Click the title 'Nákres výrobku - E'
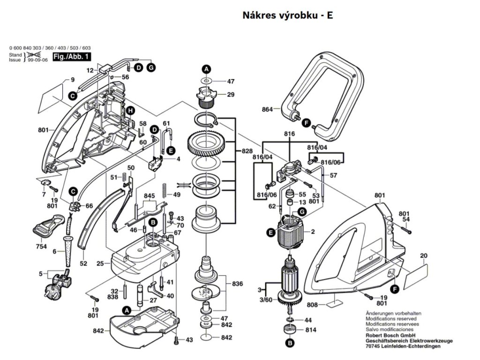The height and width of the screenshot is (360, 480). click(x=288, y=15)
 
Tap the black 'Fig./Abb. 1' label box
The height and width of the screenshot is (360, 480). click(x=72, y=57)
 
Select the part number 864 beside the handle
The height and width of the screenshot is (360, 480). click(x=267, y=110)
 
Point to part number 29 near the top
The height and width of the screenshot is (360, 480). click(x=230, y=95)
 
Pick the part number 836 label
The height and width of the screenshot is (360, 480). click(x=237, y=284)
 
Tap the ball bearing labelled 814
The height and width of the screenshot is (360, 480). click(x=289, y=329)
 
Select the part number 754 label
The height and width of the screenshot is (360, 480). click(x=42, y=247)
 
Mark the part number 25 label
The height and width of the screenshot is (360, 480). click(x=100, y=264)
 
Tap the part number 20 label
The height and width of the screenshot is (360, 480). click(x=424, y=256)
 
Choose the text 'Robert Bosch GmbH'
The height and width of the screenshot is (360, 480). click(x=390, y=336)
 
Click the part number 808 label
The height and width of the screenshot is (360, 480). click(x=312, y=305)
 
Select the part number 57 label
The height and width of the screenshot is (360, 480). click(x=333, y=175)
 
